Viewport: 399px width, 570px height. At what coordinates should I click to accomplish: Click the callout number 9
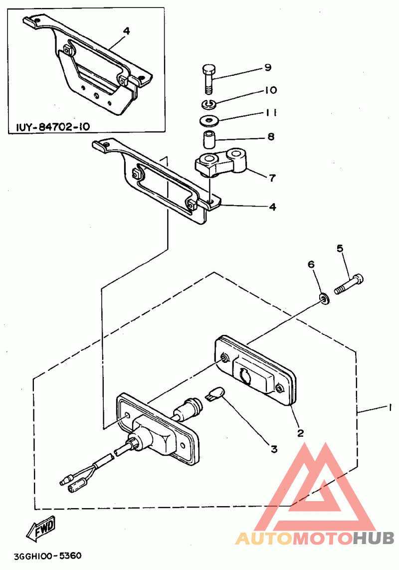pos(267,67)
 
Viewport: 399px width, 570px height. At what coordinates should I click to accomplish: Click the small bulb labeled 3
pos(213,396)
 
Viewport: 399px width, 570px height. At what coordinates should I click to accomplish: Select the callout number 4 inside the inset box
pos(126,31)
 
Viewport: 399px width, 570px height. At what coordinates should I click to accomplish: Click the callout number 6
pos(311,265)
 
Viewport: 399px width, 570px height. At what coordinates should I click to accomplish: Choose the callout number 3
pos(273,449)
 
